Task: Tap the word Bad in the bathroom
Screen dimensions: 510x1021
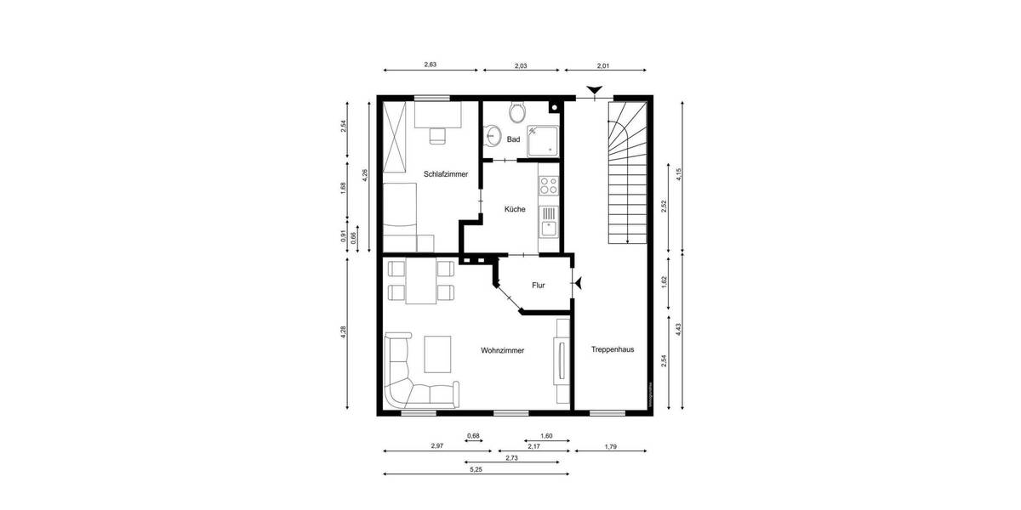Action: tap(513, 139)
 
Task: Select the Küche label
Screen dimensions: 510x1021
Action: tap(515, 209)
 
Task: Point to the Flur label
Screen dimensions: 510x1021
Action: tap(538, 286)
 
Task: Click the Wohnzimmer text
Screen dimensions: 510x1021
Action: tap(502, 350)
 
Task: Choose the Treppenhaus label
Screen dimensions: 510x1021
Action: tap(612, 348)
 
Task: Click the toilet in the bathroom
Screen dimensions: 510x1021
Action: tap(516, 112)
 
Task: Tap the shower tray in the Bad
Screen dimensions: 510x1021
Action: tap(542, 141)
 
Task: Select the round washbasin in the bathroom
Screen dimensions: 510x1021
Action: tap(491, 134)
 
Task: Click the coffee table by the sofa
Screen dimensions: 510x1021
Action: tap(438, 354)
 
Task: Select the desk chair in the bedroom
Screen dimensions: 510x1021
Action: tap(437, 134)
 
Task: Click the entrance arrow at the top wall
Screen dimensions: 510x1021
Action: tap(595, 90)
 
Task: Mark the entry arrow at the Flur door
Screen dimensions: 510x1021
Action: tap(579, 283)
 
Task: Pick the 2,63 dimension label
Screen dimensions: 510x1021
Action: tap(431, 65)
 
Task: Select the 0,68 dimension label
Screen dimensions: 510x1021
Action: tap(473, 436)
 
